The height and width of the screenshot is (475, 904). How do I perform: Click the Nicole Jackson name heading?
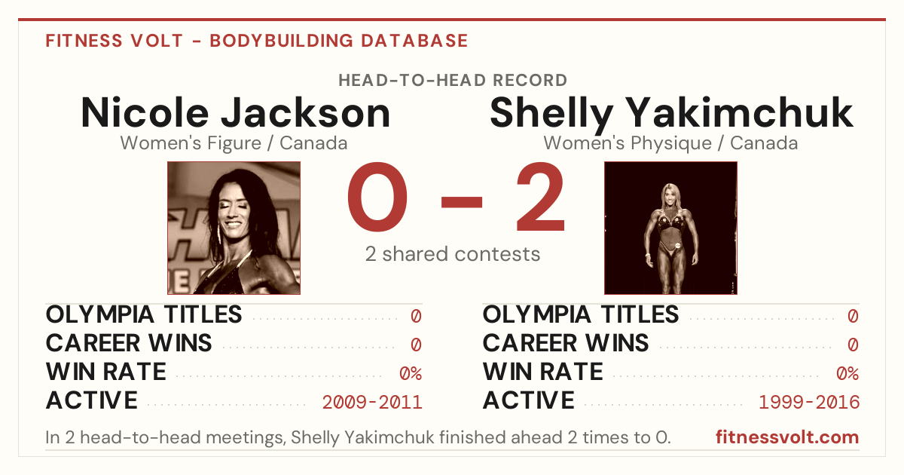coord(236,112)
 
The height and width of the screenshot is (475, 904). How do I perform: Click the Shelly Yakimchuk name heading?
coord(671,115)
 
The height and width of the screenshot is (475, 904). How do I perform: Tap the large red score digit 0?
coord(377,197)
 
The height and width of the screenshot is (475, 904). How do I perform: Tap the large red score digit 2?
coord(540,196)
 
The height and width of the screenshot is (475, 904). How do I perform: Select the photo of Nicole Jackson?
coord(234,228)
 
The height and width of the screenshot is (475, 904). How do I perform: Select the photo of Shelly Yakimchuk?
coord(670,228)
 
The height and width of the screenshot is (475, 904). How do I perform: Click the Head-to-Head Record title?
coord(453,81)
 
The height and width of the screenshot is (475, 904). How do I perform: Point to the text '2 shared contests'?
coord(453,255)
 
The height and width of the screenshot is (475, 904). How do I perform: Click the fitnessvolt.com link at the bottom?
coord(787,437)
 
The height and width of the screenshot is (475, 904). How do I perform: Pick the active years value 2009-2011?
coord(372,403)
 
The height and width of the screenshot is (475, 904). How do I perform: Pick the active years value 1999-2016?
coord(809,403)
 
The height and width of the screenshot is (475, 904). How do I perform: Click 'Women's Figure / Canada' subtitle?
coord(234,143)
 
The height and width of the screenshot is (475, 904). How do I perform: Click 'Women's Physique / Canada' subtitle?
coord(670,144)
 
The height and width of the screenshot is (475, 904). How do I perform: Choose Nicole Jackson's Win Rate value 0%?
coord(411,374)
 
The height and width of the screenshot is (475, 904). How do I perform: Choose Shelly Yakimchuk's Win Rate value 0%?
coord(847,374)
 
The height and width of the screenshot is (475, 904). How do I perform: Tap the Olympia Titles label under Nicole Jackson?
coord(144,315)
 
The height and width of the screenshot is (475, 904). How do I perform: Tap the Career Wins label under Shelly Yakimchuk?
coord(566,343)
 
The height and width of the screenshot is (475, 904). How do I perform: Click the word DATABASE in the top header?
coord(414,41)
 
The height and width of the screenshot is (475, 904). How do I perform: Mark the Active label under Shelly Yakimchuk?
coord(528,400)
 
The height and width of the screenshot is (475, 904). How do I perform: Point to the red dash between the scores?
coord(462,202)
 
